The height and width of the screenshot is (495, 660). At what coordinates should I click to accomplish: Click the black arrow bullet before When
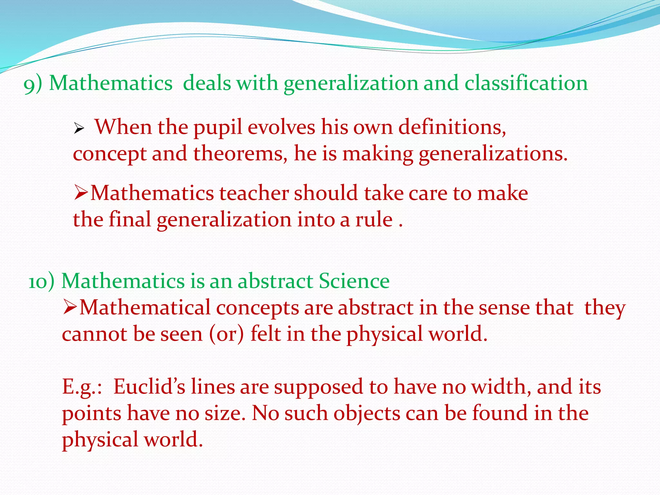79,130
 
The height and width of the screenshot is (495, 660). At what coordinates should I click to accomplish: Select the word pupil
218,128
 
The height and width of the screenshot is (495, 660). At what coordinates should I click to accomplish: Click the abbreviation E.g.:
82,387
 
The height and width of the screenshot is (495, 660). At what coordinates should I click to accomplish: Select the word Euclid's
149,386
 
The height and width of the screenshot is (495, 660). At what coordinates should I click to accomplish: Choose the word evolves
281,127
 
